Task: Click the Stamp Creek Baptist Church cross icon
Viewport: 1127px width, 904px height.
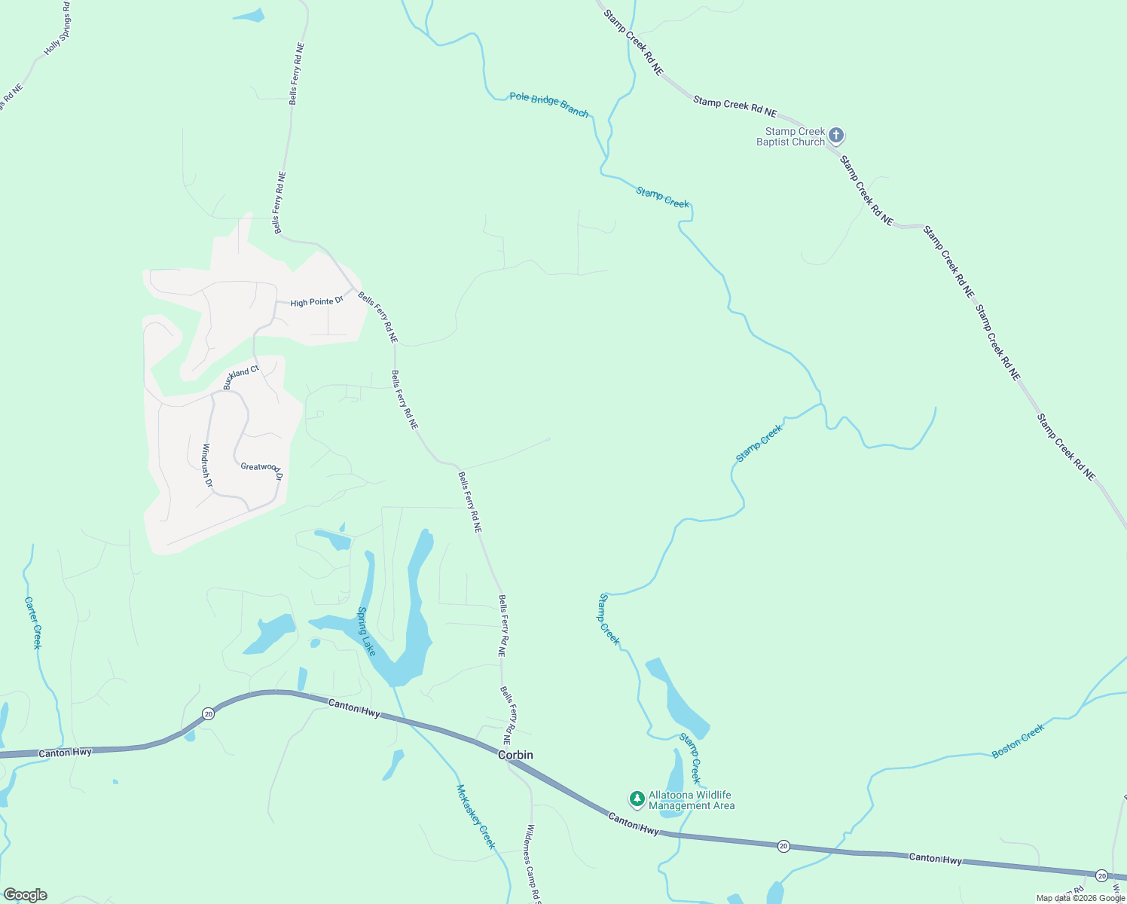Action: [x=835, y=136]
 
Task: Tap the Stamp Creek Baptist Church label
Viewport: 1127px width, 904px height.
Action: [x=791, y=136]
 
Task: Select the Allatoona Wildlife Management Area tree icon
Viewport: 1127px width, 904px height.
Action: [x=637, y=799]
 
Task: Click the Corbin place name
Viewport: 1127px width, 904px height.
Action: [x=515, y=755]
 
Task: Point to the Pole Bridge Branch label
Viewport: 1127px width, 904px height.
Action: [x=548, y=104]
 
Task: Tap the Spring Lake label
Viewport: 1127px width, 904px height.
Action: [x=366, y=631]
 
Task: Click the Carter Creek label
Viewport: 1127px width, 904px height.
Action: [x=33, y=623]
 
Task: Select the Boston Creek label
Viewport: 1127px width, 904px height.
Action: [x=1019, y=741]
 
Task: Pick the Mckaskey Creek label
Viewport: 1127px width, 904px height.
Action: [x=476, y=817]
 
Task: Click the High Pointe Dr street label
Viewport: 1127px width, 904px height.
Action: [x=316, y=302]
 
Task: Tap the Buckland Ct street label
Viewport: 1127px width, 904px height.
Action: [x=241, y=377]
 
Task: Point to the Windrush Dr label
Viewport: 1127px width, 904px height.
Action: [x=207, y=465]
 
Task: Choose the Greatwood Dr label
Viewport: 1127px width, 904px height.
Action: [x=261, y=472]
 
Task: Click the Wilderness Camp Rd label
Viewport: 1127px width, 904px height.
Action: [x=533, y=863]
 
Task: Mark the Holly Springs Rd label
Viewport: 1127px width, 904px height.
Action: [x=57, y=32]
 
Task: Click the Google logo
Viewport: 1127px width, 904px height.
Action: [x=25, y=895]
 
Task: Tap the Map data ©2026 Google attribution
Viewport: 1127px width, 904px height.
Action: [x=1080, y=898]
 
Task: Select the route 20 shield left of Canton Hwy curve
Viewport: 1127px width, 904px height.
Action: [x=208, y=713]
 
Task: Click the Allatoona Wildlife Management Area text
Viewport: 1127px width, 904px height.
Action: [x=691, y=800]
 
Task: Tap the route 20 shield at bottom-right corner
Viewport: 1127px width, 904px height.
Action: [x=1102, y=875]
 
